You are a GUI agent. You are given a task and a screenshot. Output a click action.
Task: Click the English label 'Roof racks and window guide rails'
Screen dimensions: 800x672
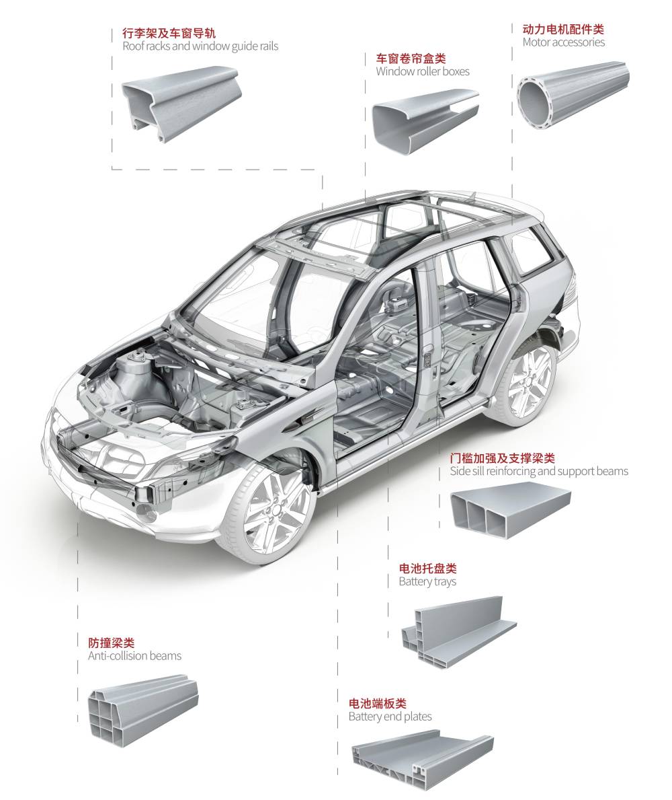coord(200,46)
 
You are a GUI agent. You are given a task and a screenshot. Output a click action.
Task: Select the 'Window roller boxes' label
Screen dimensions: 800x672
coord(422,71)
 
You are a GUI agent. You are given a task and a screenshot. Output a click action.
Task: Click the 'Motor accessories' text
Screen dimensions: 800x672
coord(563,42)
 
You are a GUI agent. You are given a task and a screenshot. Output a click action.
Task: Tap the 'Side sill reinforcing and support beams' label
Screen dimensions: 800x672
coord(538,471)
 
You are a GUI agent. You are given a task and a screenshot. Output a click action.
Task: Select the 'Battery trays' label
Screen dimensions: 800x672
coord(427,581)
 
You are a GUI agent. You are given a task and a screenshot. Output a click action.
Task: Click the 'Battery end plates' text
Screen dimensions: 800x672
coord(390,717)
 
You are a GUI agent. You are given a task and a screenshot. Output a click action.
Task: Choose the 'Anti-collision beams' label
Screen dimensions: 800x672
coord(134,655)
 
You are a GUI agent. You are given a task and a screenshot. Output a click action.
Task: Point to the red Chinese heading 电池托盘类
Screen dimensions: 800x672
coord(427,569)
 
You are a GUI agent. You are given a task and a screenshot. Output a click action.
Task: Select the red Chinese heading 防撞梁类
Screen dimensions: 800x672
coord(111,643)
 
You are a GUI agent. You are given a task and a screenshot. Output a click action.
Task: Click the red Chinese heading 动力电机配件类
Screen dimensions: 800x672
coord(562,30)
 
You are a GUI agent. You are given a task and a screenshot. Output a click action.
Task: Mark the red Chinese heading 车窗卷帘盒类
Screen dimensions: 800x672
coord(411,59)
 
